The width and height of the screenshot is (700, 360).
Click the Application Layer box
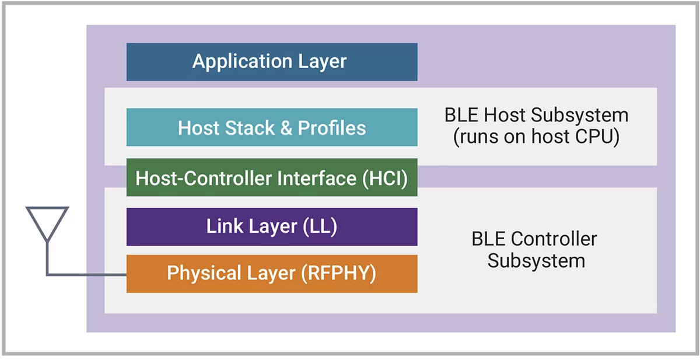pos(272,61)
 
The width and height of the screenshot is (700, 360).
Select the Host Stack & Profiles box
pos(272,127)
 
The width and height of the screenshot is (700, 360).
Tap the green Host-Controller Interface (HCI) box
pos(272,178)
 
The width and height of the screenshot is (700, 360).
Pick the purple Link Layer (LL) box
pos(272,226)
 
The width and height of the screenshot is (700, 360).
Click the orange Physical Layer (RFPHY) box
pos(272,273)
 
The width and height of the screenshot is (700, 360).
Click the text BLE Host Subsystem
pos(536,114)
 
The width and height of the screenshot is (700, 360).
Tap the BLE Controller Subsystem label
pos(534,249)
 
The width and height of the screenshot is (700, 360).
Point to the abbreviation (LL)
pos(320,226)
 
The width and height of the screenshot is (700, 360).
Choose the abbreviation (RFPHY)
pos(338,273)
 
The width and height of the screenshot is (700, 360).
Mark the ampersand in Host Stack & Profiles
pos(286,128)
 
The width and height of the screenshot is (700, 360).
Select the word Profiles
pos(332,127)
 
